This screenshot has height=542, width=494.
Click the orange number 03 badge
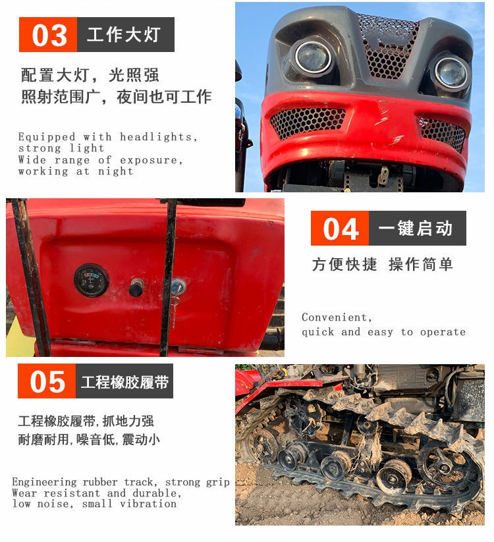tap(47, 34)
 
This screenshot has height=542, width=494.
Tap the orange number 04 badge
tap(340, 228)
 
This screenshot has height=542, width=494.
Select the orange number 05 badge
tap(47, 381)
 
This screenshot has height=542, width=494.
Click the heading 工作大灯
tap(124, 34)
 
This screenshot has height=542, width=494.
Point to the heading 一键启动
tap(416, 228)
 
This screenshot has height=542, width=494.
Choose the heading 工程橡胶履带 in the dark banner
tap(124, 381)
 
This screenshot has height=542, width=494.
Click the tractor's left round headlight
tap(314, 58)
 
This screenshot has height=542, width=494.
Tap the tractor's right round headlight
tap(451, 73)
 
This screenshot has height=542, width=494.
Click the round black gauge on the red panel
tap(92, 281)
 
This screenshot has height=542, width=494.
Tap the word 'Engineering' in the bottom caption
tap(45, 482)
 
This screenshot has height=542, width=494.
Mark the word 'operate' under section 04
tap(443, 332)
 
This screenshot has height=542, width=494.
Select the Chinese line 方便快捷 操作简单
tap(382, 265)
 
